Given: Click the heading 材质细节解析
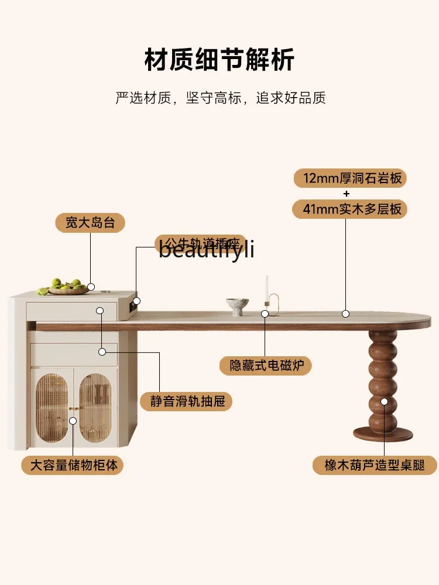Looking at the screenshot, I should point(220,60).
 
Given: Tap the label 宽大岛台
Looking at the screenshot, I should point(90,223).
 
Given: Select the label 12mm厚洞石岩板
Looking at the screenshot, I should point(349,178).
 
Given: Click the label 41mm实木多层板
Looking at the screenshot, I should point(349,208).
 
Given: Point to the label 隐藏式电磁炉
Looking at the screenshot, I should point(266,366).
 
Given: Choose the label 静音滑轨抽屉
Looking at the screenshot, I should point(186,401).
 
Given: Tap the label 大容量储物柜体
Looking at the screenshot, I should point(73,465).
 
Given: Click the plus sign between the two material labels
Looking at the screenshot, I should point(346,193).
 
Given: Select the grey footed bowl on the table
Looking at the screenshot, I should point(237,305).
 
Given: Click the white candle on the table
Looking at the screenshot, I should point(267,288).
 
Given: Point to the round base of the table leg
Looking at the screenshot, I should point(383,434).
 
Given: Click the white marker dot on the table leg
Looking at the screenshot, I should point(385,401).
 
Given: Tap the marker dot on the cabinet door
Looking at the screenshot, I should point(74,420).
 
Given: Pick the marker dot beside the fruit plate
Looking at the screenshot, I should point(91,287).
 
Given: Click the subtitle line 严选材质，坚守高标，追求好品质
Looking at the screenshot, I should point(220,98).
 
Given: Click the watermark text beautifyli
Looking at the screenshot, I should point(206,250).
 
